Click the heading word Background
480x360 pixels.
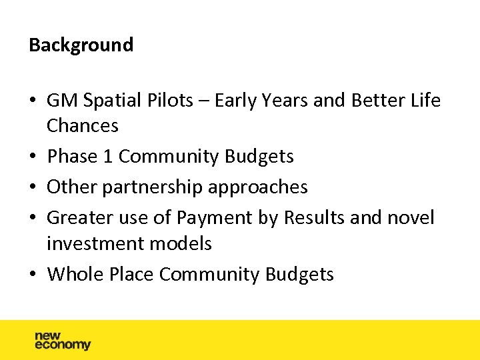pos(81,45)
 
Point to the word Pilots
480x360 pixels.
pos(170,101)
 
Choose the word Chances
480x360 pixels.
pos(83,125)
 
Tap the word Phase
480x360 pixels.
pos(72,157)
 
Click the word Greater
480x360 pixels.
pos(79,218)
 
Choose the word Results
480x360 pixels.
pos(319,218)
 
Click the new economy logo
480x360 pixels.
pos(62,341)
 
